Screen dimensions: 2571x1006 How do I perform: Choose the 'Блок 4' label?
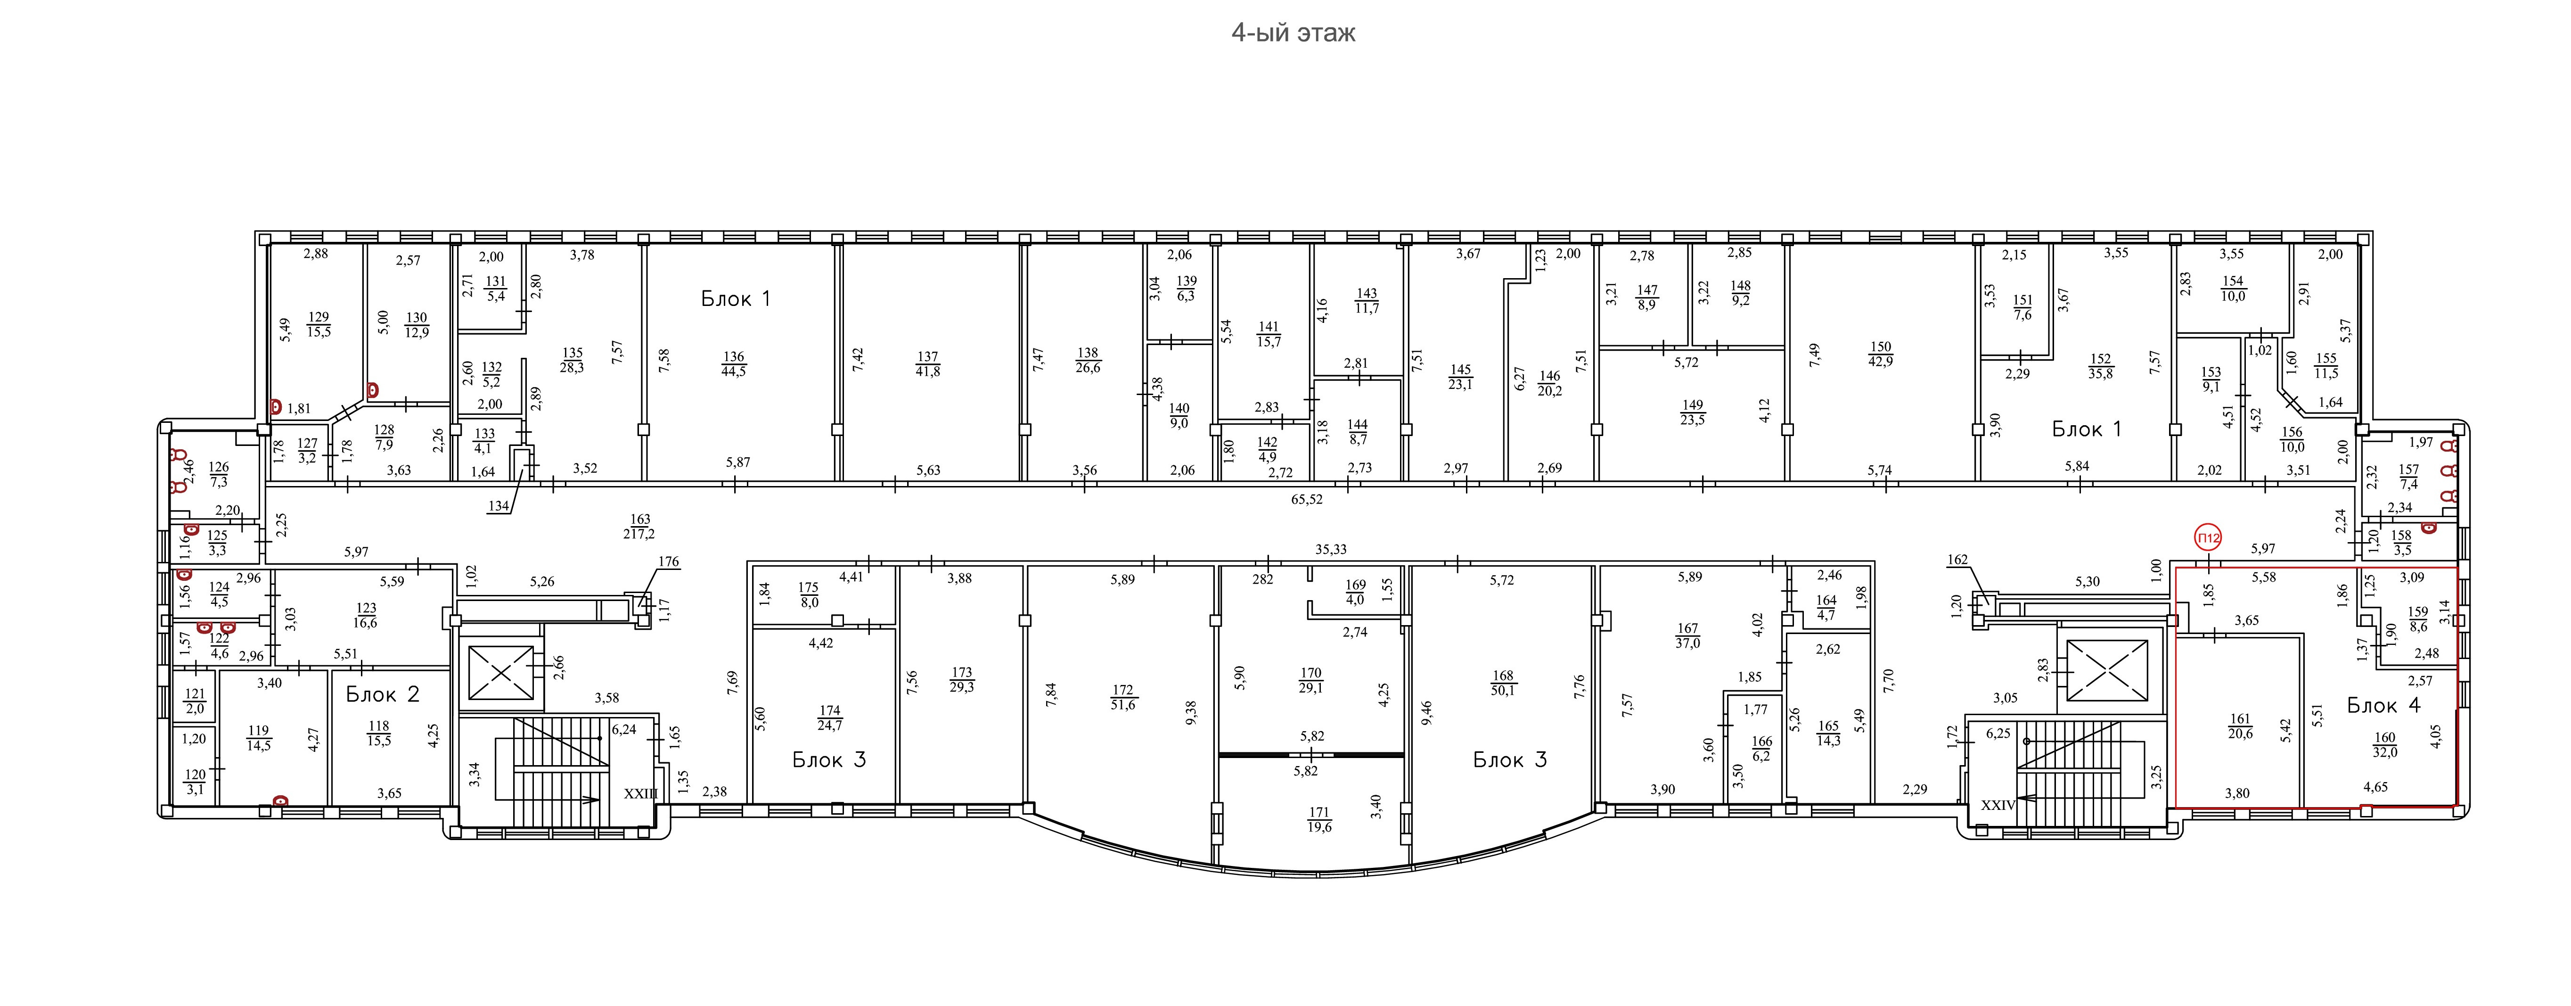pyautogui.click(x=2383, y=706)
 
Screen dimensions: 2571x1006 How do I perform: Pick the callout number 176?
pyautogui.click(x=669, y=562)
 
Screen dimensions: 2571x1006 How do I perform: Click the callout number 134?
pyautogui.click(x=498, y=506)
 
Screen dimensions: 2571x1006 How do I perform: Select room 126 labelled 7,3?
pyautogui.click(x=219, y=474)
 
